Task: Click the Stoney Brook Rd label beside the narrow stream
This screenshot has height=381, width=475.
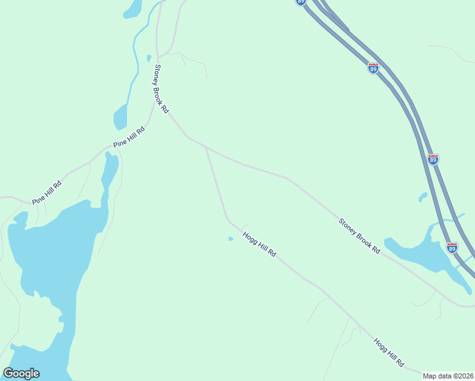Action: (x=161, y=88)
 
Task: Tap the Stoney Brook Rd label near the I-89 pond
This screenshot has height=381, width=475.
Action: (x=359, y=236)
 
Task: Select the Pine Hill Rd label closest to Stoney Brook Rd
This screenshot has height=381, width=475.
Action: (x=130, y=137)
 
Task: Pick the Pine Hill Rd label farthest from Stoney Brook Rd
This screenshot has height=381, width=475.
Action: (x=48, y=192)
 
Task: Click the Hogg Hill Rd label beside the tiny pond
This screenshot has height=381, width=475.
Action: (x=259, y=243)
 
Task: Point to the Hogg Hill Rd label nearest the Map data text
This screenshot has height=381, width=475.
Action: (x=389, y=352)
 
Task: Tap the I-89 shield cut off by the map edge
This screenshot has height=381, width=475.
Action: (x=301, y=2)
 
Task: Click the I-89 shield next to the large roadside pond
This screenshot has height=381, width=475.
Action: (x=452, y=246)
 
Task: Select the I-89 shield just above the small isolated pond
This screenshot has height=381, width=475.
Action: (x=433, y=159)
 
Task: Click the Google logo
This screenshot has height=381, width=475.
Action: (x=21, y=373)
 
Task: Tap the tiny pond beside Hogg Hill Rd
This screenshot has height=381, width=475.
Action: (x=231, y=239)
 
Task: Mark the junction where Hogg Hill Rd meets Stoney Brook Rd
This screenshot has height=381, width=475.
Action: (x=206, y=148)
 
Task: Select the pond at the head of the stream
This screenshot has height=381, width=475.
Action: (x=133, y=8)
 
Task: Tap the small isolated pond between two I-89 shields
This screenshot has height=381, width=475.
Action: (x=422, y=197)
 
